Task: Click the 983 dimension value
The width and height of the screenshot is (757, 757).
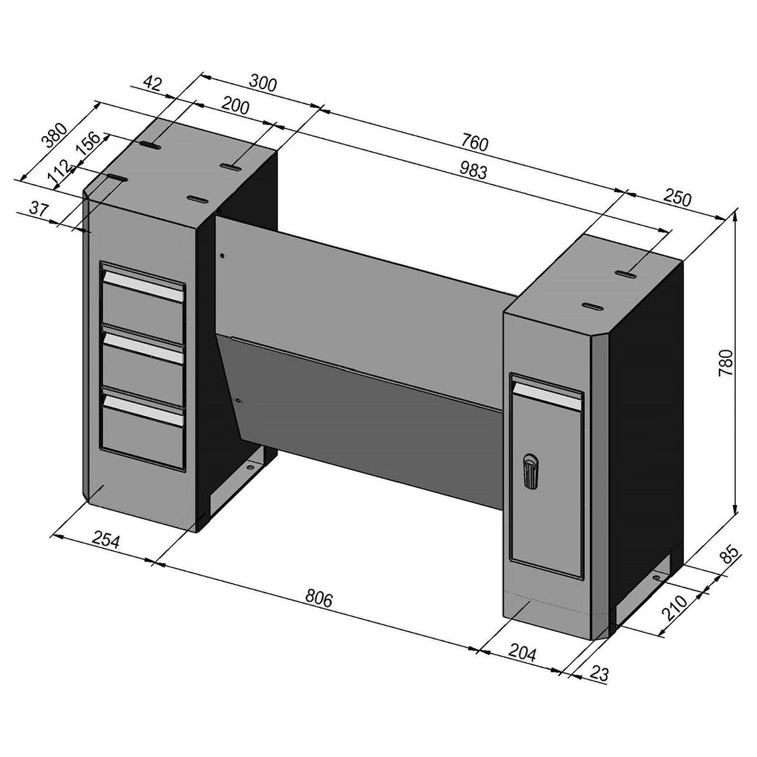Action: point(473,171)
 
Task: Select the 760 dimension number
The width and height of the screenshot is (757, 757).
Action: point(474,143)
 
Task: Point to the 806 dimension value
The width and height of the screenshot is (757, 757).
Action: point(319,599)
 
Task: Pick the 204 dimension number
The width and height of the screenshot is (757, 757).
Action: point(522,653)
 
